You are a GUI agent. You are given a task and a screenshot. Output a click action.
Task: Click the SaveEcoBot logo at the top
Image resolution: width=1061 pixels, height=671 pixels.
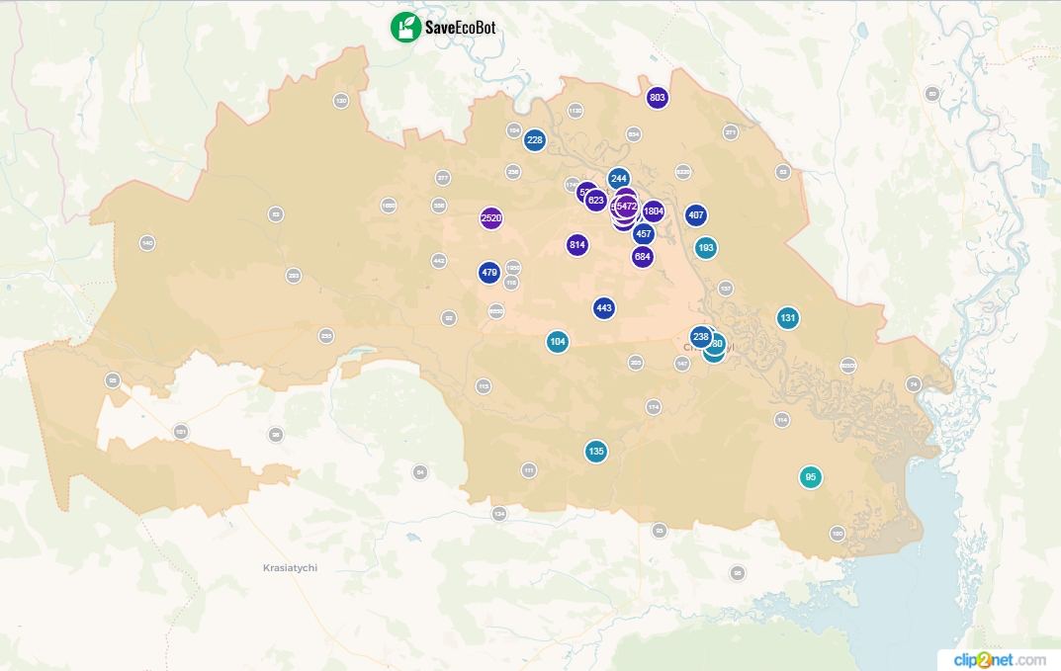[443, 27]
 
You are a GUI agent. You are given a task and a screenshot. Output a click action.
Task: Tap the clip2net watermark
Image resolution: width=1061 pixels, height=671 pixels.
[999, 659]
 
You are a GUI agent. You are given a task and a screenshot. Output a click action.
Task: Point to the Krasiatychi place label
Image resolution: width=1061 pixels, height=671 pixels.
[291, 568]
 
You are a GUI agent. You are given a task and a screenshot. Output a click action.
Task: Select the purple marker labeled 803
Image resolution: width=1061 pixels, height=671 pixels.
[657, 98]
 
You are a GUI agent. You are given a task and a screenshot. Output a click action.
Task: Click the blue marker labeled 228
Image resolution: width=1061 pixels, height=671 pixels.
[534, 140]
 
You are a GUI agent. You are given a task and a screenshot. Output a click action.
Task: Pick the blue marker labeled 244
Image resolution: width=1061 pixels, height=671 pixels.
[619, 179]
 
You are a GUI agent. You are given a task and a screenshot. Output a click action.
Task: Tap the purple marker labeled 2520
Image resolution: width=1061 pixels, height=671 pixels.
[490, 218]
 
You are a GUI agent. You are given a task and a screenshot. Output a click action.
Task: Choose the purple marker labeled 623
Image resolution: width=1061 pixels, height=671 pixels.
[595, 201]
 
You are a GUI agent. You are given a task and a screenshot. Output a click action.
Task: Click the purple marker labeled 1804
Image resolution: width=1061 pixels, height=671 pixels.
[654, 211]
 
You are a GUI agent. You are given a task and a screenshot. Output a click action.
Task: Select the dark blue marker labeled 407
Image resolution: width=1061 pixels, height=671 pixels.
[696, 215]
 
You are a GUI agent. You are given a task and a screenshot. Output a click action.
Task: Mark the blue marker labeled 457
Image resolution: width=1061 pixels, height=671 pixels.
[644, 234]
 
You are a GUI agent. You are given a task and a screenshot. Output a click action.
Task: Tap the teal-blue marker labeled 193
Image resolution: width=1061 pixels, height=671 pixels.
[706, 247]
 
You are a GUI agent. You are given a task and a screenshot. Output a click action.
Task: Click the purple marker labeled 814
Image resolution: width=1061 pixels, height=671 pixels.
[577, 245]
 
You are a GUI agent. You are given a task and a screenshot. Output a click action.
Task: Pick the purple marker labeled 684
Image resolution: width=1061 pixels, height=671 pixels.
[643, 257]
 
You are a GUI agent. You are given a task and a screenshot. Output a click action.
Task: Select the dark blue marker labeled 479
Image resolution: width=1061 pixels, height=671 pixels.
[488, 273]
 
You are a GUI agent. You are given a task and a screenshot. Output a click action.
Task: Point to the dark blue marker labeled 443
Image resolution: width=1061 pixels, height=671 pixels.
[604, 308]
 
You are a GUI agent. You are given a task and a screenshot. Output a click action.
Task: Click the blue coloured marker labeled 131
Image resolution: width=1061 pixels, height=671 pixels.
[787, 318]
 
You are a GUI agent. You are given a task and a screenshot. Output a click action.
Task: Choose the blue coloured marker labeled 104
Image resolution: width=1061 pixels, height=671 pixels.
[558, 342]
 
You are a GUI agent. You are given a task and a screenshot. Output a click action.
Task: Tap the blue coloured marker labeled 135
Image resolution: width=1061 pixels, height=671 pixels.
[595, 452]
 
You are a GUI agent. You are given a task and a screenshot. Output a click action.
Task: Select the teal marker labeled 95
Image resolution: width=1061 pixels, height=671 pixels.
[811, 477]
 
